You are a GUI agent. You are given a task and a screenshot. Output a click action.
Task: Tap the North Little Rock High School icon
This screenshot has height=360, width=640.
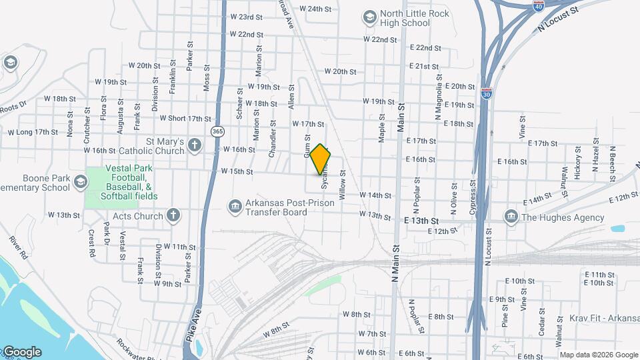369,17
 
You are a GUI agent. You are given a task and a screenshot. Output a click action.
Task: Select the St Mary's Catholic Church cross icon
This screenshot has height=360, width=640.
194,145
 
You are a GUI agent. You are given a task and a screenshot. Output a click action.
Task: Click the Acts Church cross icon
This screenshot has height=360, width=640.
173,215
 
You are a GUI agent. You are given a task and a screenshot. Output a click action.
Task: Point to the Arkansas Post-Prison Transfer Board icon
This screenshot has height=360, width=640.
234,207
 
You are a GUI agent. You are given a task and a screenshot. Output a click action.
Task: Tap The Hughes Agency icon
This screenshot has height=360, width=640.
511,217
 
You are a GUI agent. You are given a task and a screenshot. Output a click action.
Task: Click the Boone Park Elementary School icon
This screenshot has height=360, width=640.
81,182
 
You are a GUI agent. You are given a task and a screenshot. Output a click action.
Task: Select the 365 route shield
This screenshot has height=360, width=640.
217,131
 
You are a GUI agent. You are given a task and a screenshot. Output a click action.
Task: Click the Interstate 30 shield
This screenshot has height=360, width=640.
487,92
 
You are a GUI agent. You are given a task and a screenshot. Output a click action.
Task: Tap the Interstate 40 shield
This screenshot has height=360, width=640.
538,5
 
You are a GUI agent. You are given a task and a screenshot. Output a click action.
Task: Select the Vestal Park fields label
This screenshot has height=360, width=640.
129,183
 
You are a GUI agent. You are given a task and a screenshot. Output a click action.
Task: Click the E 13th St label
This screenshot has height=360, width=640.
421,220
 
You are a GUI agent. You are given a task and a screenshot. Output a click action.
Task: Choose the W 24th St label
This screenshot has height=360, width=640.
315,9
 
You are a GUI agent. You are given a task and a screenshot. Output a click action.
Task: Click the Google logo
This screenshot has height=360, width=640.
21,352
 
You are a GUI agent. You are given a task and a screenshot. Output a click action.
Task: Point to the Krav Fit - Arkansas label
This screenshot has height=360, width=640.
604,317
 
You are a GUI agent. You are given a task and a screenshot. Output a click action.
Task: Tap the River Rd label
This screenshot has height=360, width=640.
18,247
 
